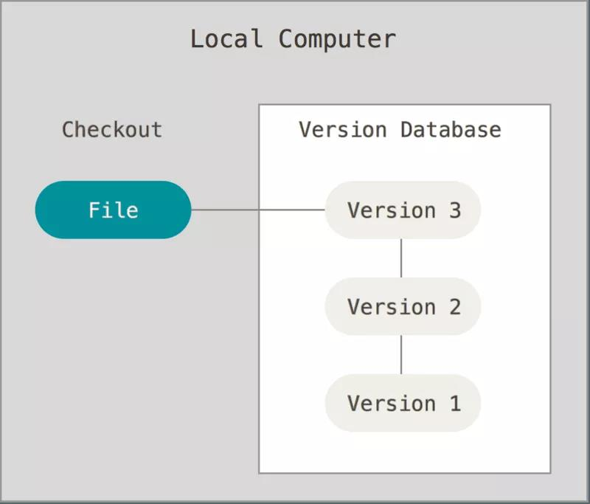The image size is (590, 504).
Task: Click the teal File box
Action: [x=113, y=210]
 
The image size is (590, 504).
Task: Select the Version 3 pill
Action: [x=403, y=210]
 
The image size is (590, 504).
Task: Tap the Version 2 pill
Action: [x=403, y=306]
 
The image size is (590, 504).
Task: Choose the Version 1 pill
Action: [x=403, y=403]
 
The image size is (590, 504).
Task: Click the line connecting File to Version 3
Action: [x=258, y=210]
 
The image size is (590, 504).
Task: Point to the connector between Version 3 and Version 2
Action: [x=401, y=258]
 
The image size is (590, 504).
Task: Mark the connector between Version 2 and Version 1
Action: [x=401, y=354]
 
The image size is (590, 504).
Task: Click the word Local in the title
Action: [x=226, y=38]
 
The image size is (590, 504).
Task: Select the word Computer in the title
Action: [x=337, y=38]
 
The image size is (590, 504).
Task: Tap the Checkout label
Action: [x=111, y=130]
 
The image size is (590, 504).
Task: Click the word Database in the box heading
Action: [x=451, y=130]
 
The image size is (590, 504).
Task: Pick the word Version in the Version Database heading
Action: [x=342, y=130]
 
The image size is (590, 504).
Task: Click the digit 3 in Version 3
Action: [x=454, y=210]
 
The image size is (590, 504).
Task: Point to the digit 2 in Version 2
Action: [x=454, y=306]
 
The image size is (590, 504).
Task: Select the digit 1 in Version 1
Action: [x=454, y=403]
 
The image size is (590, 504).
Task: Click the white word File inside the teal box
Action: [x=113, y=210]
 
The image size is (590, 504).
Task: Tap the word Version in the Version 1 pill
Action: [x=391, y=403]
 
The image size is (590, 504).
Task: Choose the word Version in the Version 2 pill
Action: [x=391, y=306]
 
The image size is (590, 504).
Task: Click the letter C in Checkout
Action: [x=68, y=130]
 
